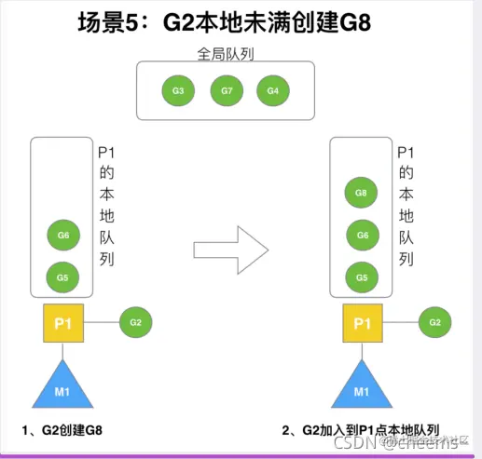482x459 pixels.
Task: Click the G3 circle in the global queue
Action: pos(178,91)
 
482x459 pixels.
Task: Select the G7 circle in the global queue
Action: pos(226,91)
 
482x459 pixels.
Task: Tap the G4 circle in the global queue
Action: pos(273,91)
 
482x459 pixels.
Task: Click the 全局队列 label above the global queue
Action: pos(225,55)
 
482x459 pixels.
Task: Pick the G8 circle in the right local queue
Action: pos(362,194)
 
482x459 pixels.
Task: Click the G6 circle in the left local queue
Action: pos(63,236)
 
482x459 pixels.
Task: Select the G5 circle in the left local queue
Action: pos(63,277)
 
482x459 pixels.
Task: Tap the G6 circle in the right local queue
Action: pos(362,235)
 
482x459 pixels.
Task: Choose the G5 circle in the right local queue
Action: pos(362,277)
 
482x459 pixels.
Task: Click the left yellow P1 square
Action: pos(63,322)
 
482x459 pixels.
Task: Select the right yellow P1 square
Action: pos(362,322)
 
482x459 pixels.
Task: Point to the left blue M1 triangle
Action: pos(63,384)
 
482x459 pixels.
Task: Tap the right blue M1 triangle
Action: pos(362,384)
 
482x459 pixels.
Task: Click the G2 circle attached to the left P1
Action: pos(136,322)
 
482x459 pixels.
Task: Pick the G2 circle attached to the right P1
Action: pos(434,322)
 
